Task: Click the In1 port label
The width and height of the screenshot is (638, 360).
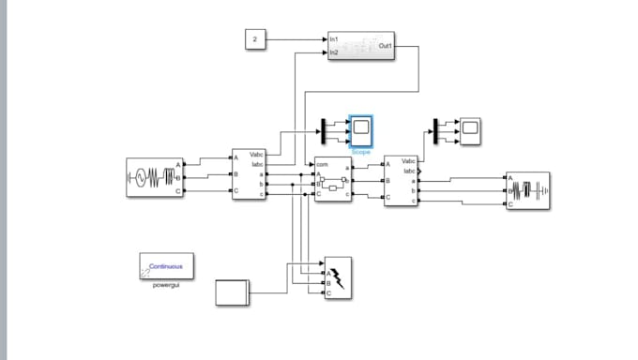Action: click(x=334, y=39)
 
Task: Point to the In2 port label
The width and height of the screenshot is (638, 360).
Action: click(x=334, y=52)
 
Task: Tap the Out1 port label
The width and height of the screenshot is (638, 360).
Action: click(x=385, y=45)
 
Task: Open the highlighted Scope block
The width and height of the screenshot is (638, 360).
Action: click(x=361, y=130)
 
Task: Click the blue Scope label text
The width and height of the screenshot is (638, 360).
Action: click(x=361, y=151)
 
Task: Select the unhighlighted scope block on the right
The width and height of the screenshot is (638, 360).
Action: click(x=469, y=130)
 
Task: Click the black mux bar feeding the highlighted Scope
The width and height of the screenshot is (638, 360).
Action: click(x=324, y=130)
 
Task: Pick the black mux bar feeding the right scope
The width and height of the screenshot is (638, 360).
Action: click(x=435, y=130)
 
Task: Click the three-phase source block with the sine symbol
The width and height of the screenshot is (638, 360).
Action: click(x=152, y=177)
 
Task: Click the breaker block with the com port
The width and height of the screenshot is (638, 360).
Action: click(x=333, y=180)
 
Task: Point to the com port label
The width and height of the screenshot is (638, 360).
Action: click(x=322, y=165)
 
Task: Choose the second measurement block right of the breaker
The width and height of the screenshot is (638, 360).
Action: click(x=401, y=181)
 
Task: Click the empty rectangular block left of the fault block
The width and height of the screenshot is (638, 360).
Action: click(x=232, y=292)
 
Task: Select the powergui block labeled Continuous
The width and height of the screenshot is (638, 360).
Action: click(x=166, y=266)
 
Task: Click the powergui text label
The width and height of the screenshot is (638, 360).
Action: click(x=166, y=284)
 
